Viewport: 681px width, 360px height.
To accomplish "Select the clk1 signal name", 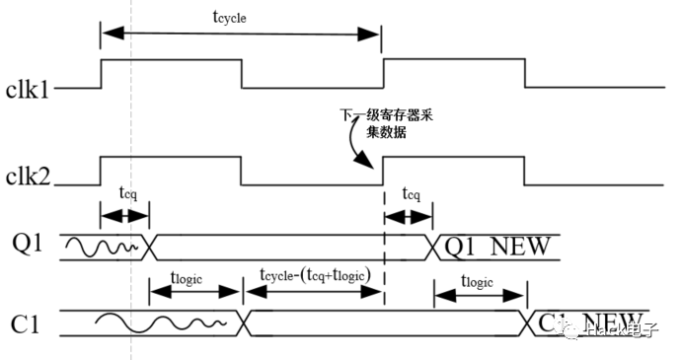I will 28,89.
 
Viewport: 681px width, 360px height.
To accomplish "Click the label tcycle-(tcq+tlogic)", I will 314,275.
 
